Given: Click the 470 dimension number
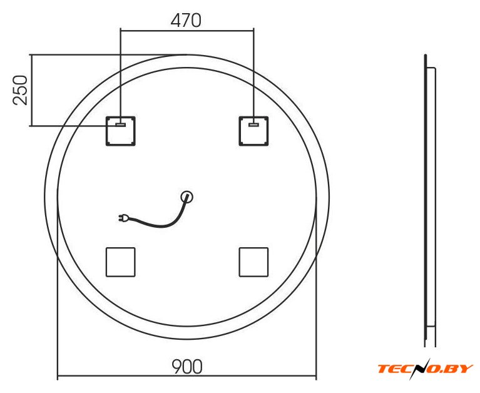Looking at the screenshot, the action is click(x=186, y=21).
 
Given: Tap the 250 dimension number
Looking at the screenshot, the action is click(x=20, y=90).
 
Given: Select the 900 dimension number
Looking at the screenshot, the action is click(x=187, y=366).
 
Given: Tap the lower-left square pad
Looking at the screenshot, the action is click(x=121, y=262).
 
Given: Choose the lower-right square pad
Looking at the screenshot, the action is click(x=253, y=262).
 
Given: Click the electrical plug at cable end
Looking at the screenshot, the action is click(x=124, y=218).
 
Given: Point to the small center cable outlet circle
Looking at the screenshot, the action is click(x=186, y=196).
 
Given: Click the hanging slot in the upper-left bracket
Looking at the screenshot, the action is click(x=121, y=125).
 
